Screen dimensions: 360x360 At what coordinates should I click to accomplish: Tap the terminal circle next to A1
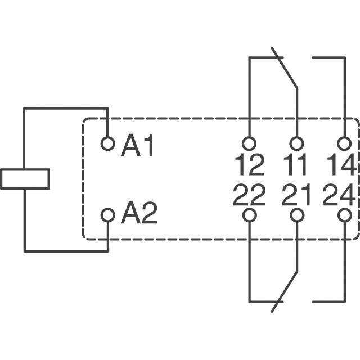click(107, 143)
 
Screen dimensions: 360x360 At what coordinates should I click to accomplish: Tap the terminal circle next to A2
click(107, 214)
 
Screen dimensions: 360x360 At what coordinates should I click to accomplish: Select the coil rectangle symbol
click(25, 179)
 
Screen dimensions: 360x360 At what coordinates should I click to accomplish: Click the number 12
click(249, 165)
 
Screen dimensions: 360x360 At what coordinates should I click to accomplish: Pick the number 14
click(340, 165)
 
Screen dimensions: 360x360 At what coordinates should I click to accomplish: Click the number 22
click(249, 196)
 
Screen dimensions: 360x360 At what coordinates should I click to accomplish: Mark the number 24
click(339, 196)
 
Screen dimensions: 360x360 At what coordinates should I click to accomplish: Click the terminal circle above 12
click(249, 143)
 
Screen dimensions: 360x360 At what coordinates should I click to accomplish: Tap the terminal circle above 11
click(296, 143)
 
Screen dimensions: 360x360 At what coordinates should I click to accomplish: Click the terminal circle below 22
click(249, 215)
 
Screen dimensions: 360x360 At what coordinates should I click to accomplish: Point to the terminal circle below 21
click(296, 215)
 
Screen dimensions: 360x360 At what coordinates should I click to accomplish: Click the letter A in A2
click(131, 214)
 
